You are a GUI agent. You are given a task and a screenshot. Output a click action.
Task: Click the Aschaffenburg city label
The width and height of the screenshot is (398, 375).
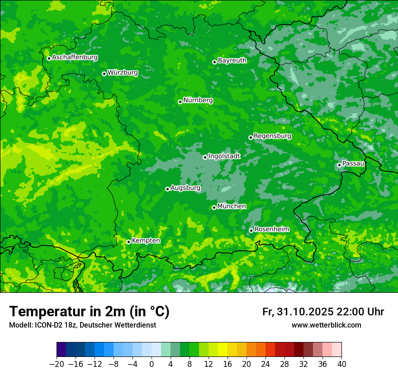75,57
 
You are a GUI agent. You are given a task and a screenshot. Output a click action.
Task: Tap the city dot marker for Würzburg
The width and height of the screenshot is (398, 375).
104,74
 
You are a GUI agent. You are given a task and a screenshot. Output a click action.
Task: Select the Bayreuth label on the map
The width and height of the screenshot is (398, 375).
232,60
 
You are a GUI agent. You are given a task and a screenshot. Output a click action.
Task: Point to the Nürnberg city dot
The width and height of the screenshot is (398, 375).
180,102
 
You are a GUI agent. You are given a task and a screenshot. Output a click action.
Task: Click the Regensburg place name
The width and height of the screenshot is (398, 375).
272,136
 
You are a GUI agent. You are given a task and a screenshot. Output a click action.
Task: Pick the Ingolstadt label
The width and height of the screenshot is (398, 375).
224,156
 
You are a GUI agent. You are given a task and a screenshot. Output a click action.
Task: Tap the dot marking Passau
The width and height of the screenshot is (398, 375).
339,165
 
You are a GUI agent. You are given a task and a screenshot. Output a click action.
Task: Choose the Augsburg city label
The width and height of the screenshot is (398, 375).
186,187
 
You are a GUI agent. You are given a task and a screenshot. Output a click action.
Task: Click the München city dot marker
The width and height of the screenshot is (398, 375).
214,207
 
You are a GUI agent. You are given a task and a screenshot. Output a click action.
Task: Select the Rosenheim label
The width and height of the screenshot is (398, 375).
272,229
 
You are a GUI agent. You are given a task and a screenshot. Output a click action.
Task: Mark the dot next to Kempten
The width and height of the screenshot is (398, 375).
128,242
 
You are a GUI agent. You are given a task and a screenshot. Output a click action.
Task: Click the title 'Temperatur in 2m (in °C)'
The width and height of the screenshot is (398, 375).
89,311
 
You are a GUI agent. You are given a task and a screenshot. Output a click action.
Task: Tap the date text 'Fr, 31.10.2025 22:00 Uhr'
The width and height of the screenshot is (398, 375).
323,312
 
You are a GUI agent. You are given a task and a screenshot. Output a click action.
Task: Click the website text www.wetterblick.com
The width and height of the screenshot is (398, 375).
326,325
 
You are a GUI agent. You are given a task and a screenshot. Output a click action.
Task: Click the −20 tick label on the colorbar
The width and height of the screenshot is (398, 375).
57,364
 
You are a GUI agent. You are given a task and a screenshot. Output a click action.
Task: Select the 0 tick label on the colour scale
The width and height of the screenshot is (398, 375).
152,364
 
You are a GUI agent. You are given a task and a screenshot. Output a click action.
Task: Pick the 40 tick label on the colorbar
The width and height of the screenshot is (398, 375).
341,364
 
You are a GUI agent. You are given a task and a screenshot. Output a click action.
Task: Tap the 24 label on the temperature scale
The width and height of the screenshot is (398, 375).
265,364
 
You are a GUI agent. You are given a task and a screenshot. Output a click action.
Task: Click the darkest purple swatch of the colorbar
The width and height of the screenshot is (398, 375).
62,350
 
